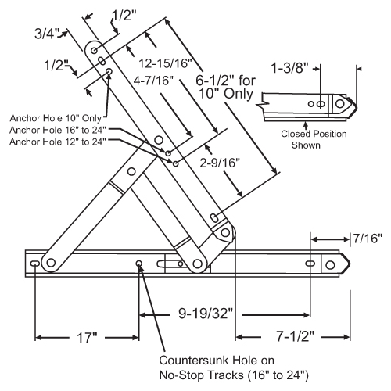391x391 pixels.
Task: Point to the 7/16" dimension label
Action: point(366,238)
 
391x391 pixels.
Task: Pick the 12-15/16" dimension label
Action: point(164,61)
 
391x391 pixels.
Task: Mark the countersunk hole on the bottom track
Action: point(139,264)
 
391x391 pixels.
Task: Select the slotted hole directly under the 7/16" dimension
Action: point(311,264)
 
